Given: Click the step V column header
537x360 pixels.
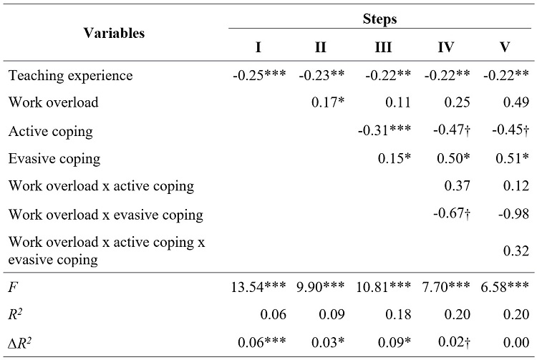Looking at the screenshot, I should coord(505,47).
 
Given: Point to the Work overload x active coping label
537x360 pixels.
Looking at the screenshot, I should coord(101,186).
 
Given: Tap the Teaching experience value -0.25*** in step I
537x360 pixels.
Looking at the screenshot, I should coord(258,75).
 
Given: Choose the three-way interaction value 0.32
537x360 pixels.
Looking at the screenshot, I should coord(516,250).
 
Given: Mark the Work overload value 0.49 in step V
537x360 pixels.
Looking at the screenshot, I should coord(516,103).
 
